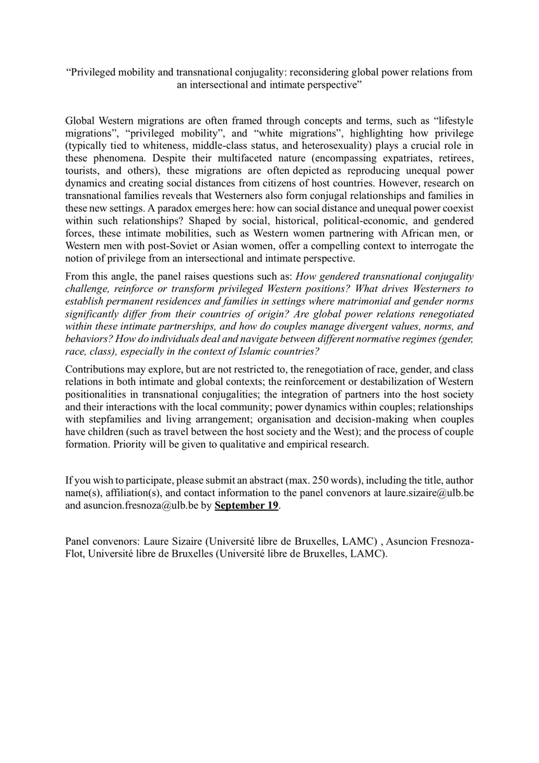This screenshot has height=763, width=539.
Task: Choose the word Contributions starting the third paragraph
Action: click(95, 369)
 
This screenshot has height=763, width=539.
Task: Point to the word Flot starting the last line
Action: click(75, 553)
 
